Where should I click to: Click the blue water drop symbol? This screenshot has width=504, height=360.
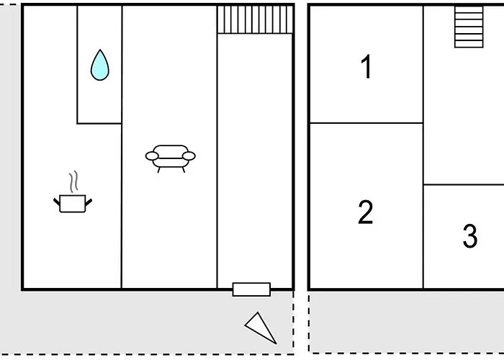[100, 66]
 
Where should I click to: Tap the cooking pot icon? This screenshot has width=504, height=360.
[73, 204]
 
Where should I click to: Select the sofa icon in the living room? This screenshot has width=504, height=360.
[171, 158]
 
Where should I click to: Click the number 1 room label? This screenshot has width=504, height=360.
[366, 66]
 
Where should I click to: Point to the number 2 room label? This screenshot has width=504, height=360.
[366, 212]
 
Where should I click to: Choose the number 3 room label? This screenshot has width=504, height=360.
[470, 236]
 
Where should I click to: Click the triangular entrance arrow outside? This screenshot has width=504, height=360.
[261, 328]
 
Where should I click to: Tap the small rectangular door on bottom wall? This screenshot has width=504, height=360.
[251, 289]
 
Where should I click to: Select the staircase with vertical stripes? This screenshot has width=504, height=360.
[255, 19]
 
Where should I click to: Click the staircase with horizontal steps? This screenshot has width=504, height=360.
[469, 27]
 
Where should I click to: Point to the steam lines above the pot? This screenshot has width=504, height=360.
[73, 181]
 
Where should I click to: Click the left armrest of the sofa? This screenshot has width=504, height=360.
[152, 156]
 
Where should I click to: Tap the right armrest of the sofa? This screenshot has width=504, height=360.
[189, 156]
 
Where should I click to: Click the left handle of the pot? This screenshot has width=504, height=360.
[57, 202]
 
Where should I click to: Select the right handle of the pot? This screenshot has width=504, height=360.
[89, 202]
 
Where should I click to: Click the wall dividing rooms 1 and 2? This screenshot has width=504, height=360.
[366, 123]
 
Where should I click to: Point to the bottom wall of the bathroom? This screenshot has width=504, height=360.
[99, 123]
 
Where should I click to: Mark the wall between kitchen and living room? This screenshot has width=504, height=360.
[122, 206]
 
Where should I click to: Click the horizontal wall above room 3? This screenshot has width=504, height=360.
[464, 184]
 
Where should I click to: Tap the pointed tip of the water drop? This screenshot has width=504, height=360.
[100, 50]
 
